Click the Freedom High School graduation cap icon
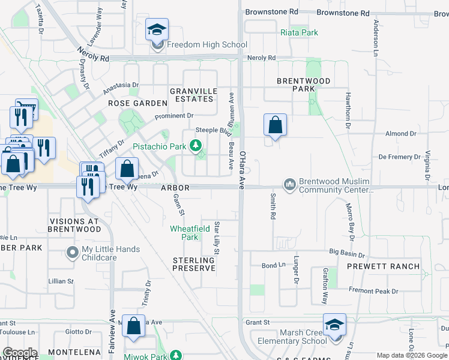[157, 29]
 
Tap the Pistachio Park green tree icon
[195, 145]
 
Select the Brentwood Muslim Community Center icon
[290, 184]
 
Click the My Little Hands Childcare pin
[73, 253]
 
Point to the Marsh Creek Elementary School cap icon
[334, 325]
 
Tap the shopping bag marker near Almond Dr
[275, 125]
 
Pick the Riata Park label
[299, 32]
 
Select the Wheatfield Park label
[190, 232]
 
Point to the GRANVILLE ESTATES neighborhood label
[193, 95]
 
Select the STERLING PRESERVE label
[193, 264]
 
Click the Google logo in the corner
[20, 353]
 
